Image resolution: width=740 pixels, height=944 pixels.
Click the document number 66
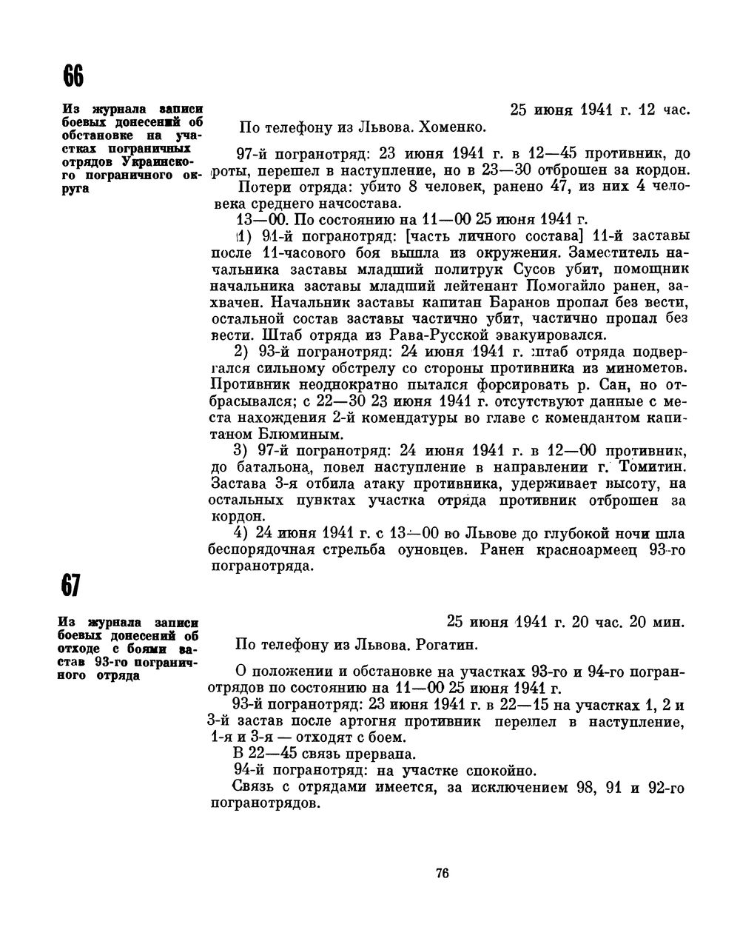click(73, 76)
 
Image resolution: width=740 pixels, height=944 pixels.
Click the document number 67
click(70, 586)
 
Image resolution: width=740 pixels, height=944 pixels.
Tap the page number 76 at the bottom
click(443, 873)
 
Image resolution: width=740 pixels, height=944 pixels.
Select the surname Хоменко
click(452, 127)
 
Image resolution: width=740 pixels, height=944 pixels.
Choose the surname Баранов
click(505, 302)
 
